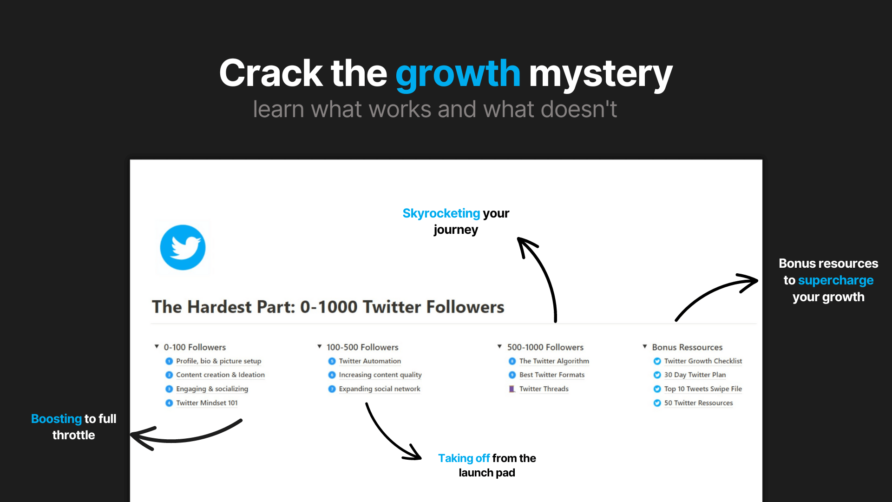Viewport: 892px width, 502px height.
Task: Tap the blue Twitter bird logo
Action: pyautogui.click(x=183, y=247)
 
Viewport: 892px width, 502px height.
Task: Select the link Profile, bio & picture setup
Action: pyautogui.click(x=218, y=361)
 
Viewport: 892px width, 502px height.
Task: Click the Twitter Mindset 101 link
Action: pyautogui.click(x=207, y=403)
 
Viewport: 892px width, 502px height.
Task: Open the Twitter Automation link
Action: pyautogui.click(x=369, y=361)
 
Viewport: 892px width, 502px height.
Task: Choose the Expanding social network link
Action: pyautogui.click(x=379, y=389)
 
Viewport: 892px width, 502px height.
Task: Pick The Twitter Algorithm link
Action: pyautogui.click(x=554, y=361)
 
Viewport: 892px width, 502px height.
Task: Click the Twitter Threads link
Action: pyautogui.click(x=544, y=389)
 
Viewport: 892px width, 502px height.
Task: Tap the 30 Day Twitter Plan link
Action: pyautogui.click(x=695, y=375)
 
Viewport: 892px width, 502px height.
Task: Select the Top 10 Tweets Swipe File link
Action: pyautogui.click(x=702, y=389)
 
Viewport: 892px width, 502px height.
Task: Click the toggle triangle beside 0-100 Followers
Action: pyautogui.click(x=157, y=347)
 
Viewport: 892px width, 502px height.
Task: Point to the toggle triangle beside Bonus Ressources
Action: pyautogui.click(x=645, y=347)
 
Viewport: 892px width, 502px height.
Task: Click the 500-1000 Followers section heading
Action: pyautogui.click(x=545, y=347)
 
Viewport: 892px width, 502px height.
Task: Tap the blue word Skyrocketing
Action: pyautogui.click(x=441, y=213)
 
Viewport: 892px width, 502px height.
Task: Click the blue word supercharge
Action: pyautogui.click(x=835, y=280)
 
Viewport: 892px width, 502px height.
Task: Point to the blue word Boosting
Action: pyautogui.click(x=56, y=419)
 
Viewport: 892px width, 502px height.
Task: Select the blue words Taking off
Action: pyautogui.click(x=464, y=458)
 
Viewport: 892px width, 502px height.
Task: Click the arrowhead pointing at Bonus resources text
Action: pyautogui.click(x=750, y=281)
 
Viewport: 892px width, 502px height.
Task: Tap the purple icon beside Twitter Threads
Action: pyautogui.click(x=512, y=389)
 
